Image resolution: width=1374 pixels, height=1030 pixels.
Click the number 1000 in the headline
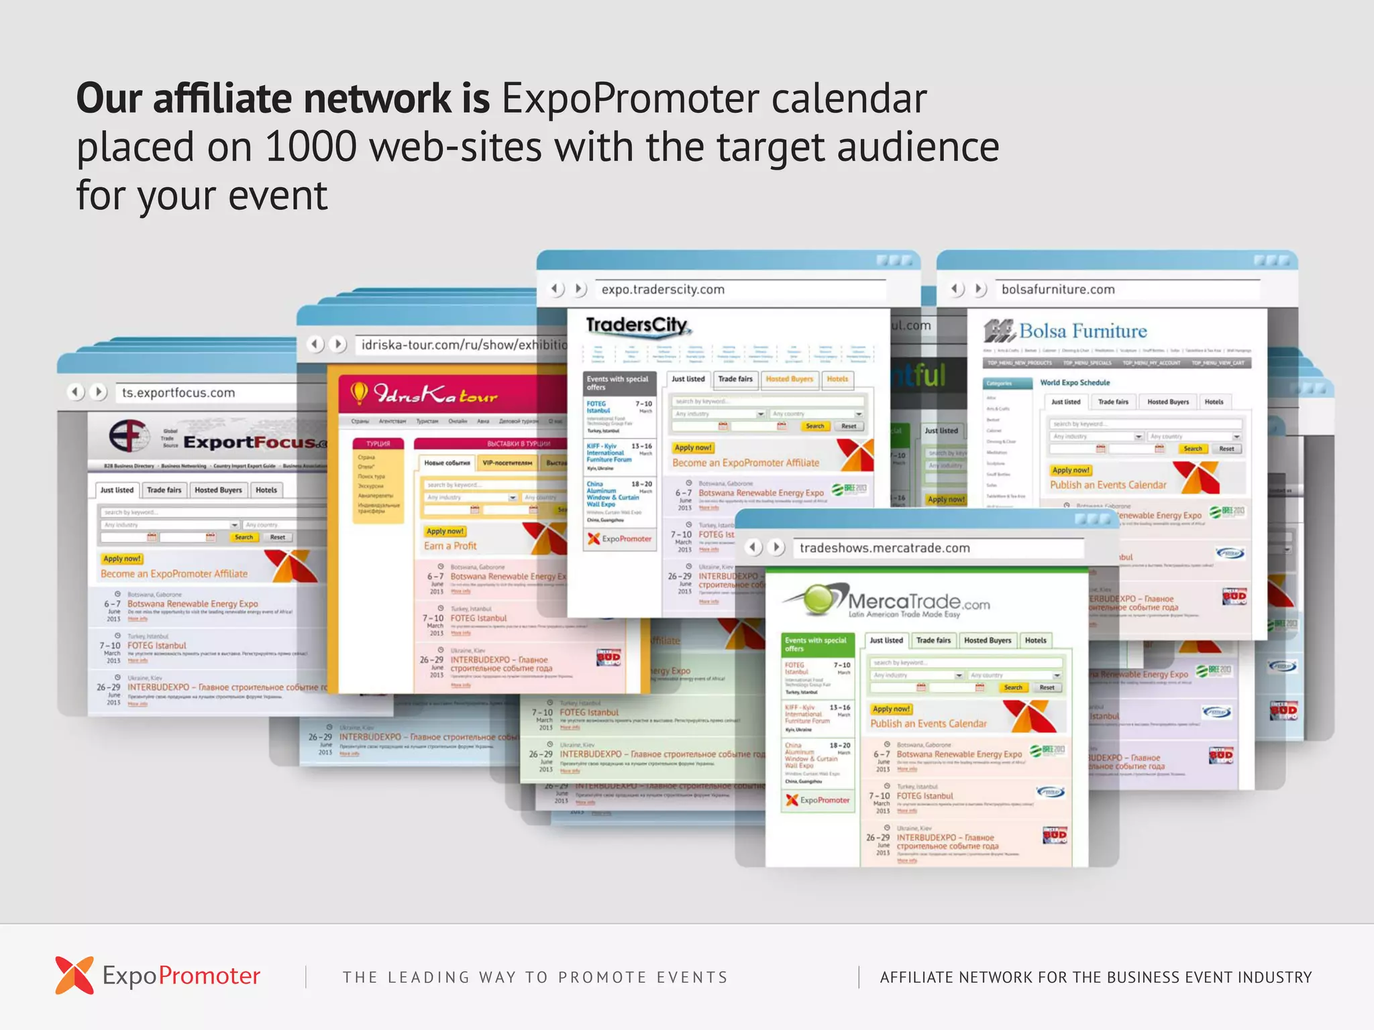[311, 147]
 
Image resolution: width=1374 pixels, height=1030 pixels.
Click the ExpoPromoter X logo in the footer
[74, 975]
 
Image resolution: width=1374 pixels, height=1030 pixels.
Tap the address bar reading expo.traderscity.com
[663, 290]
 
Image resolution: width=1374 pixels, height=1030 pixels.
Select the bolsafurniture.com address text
[1058, 290]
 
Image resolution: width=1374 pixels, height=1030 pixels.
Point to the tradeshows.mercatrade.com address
[884, 548]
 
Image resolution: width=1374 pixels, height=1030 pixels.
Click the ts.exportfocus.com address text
[178, 393]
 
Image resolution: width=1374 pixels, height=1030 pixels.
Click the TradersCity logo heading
[637, 326]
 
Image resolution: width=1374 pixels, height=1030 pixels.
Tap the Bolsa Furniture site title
[1082, 331]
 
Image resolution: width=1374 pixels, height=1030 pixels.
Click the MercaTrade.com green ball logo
[818, 599]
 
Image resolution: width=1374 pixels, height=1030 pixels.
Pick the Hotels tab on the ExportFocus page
[266, 490]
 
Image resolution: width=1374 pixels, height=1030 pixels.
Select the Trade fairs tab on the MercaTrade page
[933, 640]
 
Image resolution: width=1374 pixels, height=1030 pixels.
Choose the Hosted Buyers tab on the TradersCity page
[789, 379]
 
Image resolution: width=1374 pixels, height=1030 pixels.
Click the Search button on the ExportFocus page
[244, 537]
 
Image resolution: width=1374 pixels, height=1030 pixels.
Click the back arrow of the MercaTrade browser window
[753, 547]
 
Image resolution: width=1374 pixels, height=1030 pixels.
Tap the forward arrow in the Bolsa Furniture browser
[980, 289]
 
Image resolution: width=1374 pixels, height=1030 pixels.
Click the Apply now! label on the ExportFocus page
[122, 559]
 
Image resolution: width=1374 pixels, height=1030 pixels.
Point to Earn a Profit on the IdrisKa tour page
[450, 546]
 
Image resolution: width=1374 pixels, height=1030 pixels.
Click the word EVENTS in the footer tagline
[692, 978]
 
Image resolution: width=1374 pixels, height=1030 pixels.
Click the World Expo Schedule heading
[1075, 383]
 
